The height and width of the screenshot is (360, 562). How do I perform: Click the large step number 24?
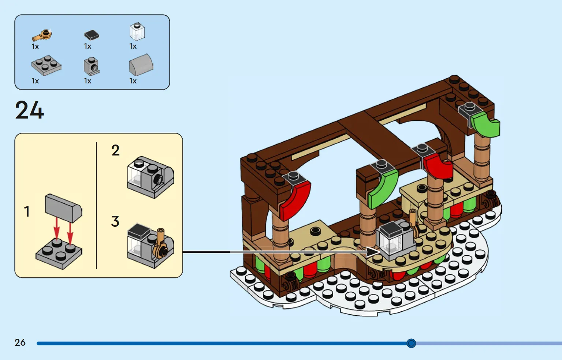(x=30, y=110)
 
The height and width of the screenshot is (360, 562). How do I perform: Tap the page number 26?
(x=20, y=342)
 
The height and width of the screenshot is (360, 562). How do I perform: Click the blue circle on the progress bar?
(x=411, y=343)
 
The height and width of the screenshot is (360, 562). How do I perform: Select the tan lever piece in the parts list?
(x=42, y=35)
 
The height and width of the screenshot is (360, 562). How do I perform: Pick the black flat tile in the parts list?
(x=92, y=35)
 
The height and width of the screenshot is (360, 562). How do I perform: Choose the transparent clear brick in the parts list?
(x=137, y=32)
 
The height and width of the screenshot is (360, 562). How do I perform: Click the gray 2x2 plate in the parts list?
(x=46, y=65)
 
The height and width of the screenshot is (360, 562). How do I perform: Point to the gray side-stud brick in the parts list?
(x=91, y=67)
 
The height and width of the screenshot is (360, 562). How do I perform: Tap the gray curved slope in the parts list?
(x=141, y=65)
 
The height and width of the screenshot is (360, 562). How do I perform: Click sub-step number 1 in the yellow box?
(x=27, y=211)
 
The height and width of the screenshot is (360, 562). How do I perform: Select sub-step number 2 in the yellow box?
(x=115, y=150)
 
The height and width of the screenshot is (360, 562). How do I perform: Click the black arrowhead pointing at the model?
(x=373, y=252)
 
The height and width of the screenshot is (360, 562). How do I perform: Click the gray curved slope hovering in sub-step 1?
(x=63, y=208)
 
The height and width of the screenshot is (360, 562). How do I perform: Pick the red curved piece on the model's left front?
(x=295, y=200)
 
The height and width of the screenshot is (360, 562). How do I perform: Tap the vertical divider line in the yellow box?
(x=97, y=205)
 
